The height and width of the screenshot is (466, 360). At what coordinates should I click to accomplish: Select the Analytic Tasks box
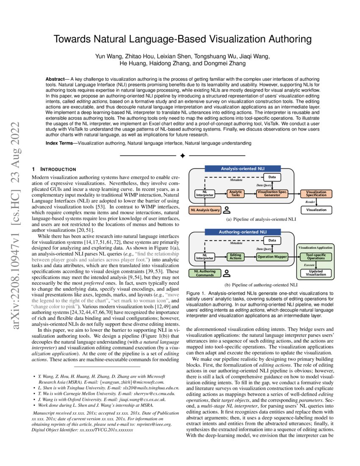[x=235, y=193]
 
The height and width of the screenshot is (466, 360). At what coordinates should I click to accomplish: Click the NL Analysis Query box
[x=205, y=210]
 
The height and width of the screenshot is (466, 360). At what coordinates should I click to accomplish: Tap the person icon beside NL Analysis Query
[x=227, y=209]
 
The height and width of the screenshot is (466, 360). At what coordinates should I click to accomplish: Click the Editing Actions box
[x=235, y=257]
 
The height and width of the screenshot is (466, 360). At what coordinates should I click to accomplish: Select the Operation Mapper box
[x=272, y=257]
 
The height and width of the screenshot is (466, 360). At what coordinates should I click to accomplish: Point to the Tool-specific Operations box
[x=316, y=257]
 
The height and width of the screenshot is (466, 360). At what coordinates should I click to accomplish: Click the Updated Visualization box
[x=316, y=272]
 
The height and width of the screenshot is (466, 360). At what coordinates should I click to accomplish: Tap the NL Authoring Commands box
[x=205, y=273]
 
